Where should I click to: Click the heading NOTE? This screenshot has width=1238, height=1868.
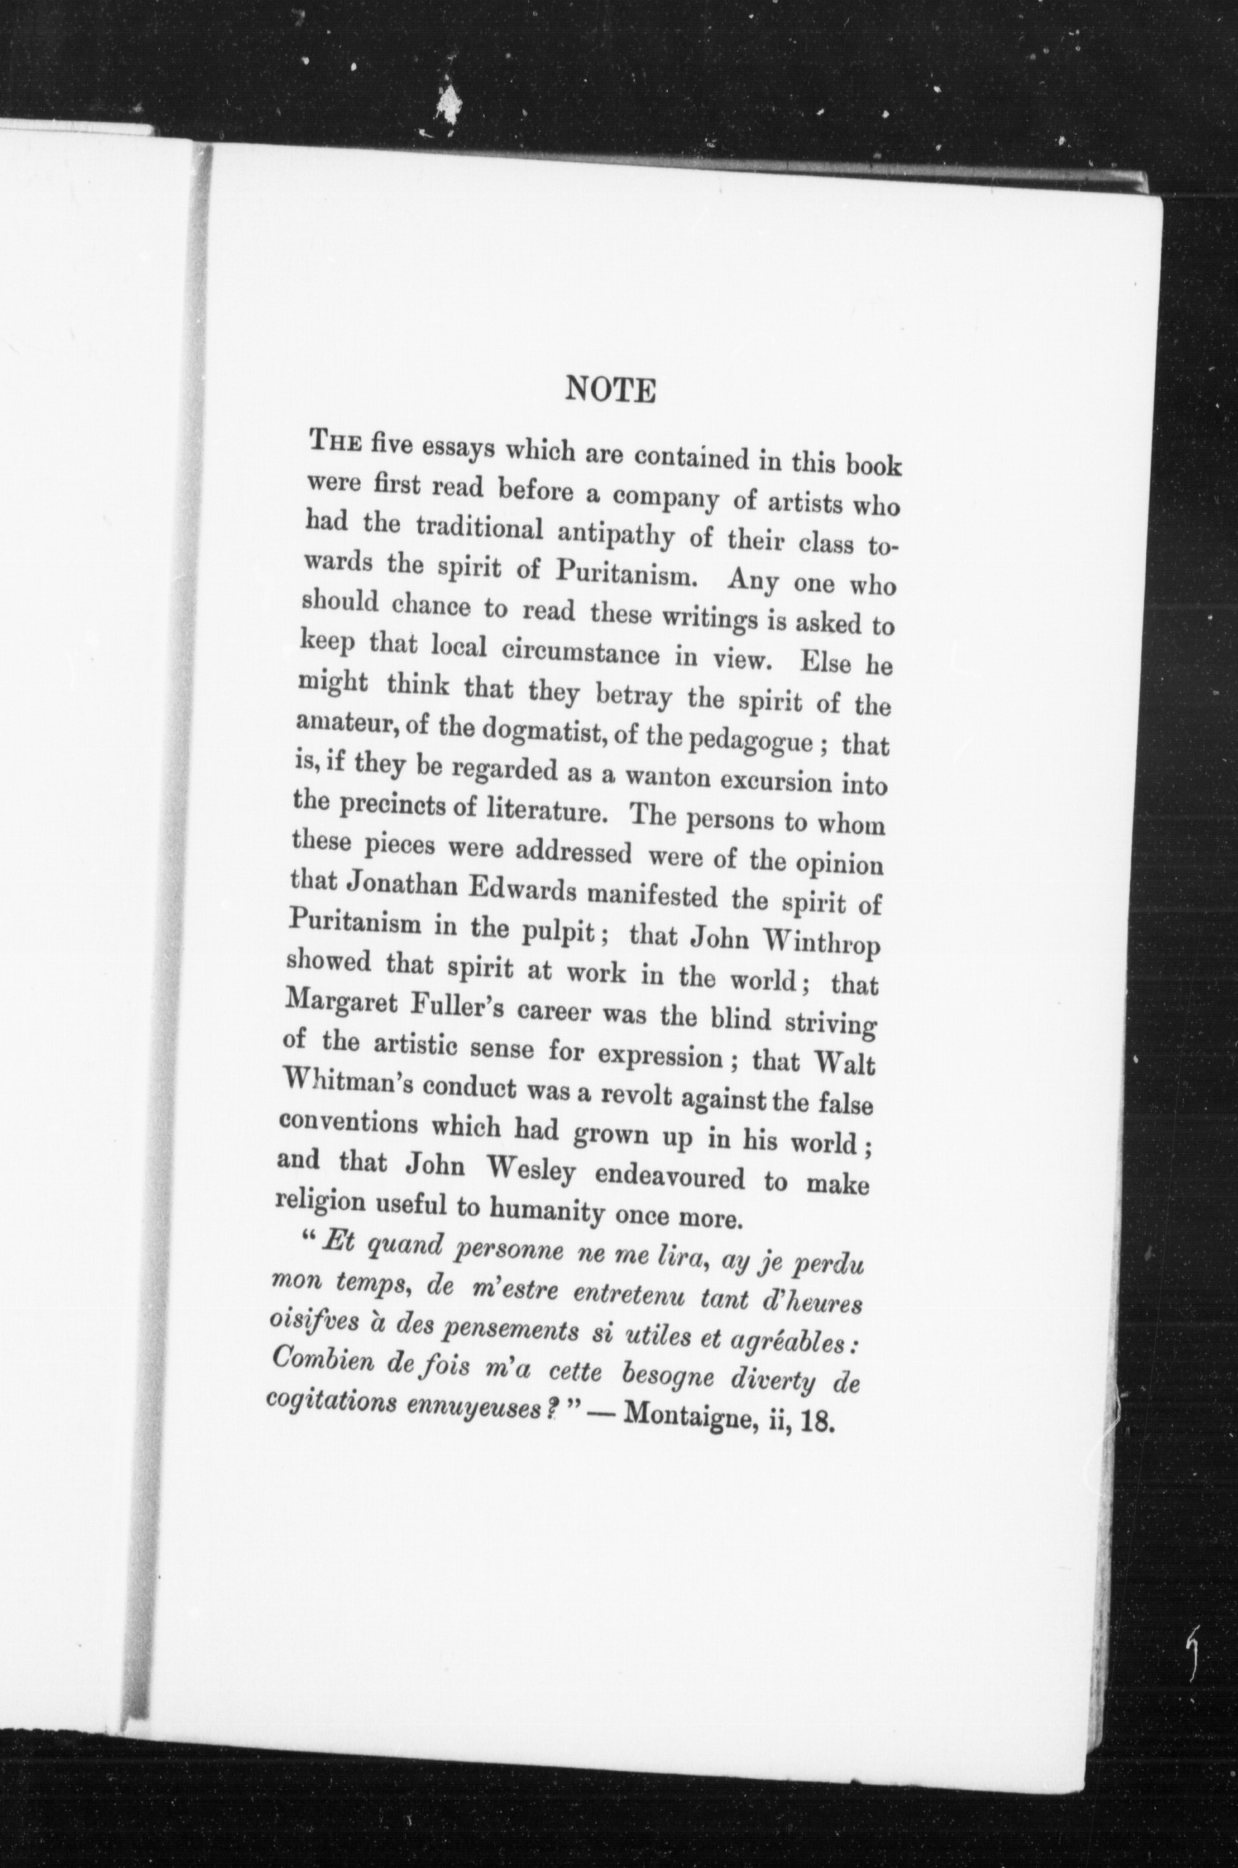[x=611, y=390]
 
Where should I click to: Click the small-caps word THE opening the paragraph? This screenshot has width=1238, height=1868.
[x=337, y=443]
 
